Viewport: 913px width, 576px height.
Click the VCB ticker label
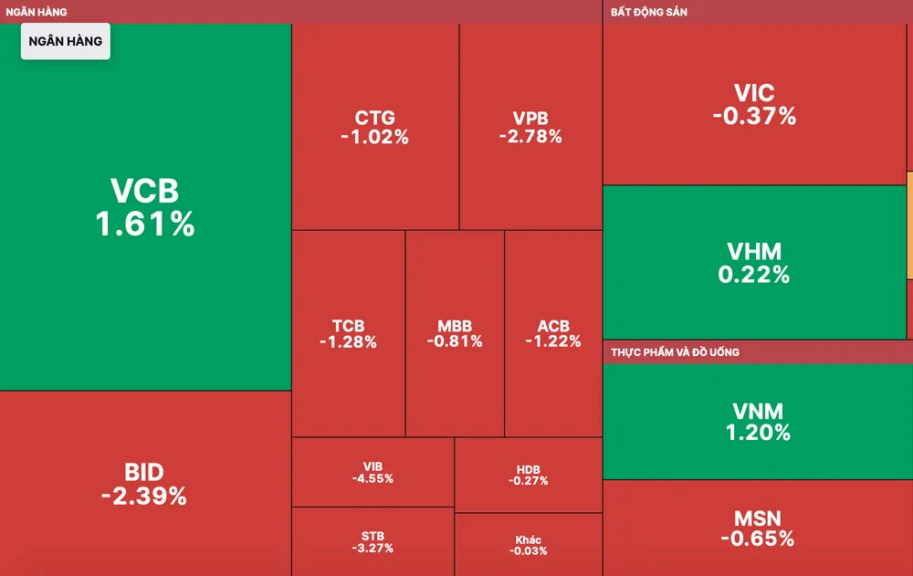tap(144, 191)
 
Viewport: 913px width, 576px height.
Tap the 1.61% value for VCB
tap(145, 224)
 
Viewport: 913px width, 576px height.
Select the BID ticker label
tap(144, 472)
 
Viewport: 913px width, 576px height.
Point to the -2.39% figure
tap(144, 497)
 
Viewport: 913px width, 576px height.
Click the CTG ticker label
tap(375, 118)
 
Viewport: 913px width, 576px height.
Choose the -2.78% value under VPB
tap(530, 137)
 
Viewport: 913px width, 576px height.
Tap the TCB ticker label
tap(348, 326)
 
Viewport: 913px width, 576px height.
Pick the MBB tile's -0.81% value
tap(455, 341)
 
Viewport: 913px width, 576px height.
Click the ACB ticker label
tap(553, 326)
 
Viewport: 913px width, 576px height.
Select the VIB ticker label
tap(373, 467)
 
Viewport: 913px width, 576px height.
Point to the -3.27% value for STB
tap(373, 549)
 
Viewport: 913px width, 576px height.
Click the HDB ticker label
tap(529, 470)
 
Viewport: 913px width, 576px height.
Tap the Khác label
tap(529, 540)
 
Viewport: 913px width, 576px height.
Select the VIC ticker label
tap(754, 93)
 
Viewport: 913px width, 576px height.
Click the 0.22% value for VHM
tap(754, 274)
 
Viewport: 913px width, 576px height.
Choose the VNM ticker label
tap(758, 412)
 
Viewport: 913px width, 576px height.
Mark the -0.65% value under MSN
tap(758, 539)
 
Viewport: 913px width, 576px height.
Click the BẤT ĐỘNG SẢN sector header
tap(649, 12)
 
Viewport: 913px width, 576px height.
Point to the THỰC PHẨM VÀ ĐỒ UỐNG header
tap(676, 352)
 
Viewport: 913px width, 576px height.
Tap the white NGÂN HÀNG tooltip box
tap(66, 41)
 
